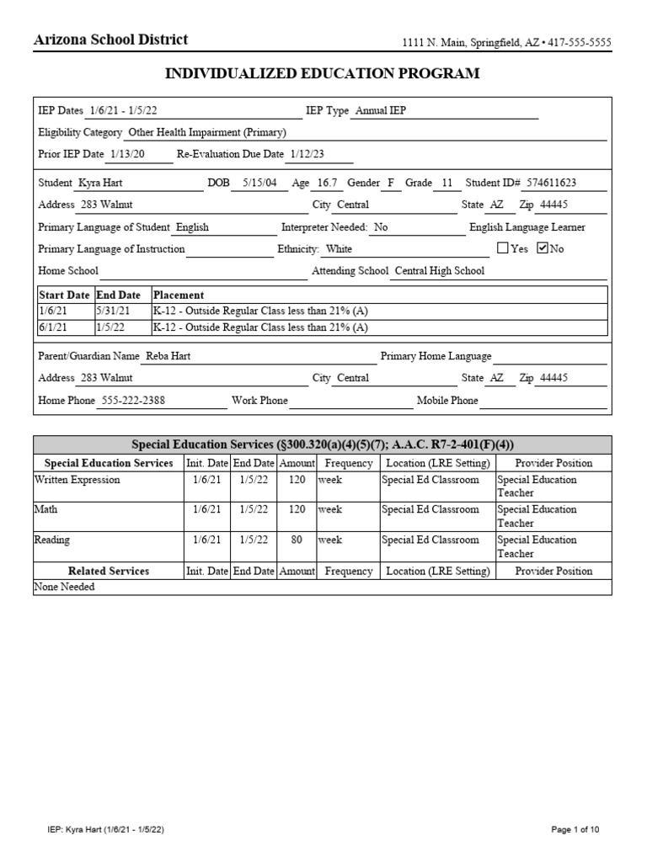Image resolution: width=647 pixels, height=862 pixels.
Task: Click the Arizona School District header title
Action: (x=110, y=40)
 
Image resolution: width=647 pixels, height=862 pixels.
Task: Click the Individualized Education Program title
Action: (x=323, y=74)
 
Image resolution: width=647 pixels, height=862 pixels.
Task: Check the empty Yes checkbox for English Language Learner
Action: (x=503, y=248)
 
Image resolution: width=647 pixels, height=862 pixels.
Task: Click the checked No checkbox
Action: (x=542, y=248)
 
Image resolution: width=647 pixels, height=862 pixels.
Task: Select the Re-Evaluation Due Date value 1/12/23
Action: (x=307, y=155)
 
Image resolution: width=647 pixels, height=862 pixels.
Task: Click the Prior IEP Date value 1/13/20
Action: (x=127, y=155)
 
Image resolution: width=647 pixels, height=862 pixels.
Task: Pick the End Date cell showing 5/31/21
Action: (x=113, y=311)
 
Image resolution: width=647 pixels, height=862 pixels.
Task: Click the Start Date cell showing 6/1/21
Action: (x=53, y=327)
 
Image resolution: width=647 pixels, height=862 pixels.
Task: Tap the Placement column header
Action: (x=178, y=295)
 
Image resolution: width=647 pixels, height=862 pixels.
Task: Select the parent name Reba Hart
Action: (x=168, y=356)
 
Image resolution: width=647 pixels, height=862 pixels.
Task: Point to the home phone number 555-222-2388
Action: (x=133, y=401)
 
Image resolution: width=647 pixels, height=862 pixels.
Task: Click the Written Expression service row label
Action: (x=77, y=480)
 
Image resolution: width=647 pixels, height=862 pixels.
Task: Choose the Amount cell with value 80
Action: (x=297, y=540)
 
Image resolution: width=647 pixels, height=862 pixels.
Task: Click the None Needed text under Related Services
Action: (x=64, y=587)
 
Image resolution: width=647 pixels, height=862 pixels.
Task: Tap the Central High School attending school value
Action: (x=439, y=271)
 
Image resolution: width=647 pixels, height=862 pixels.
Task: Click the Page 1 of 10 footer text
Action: (x=575, y=830)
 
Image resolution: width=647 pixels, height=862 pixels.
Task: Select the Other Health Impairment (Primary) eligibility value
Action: (x=207, y=133)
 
